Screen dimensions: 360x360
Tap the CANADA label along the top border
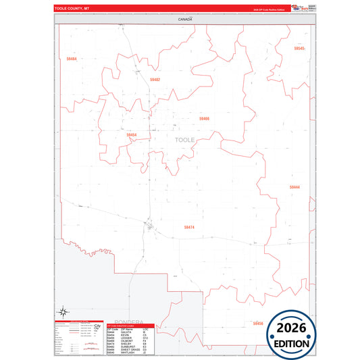pyautogui.click(x=185, y=20)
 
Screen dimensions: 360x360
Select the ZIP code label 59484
pyautogui.click(x=72, y=59)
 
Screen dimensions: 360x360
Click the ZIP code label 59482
pyautogui.click(x=155, y=80)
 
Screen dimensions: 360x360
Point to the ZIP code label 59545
pyautogui.click(x=299, y=49)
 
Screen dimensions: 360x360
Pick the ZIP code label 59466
pyautogui.click(x=204, y=118)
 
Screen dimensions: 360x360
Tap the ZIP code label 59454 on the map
pyautogui.click(x=131, y=135)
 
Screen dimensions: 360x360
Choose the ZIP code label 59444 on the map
pyautogui.click(x=294, y=187)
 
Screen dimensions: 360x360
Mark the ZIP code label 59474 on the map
pyautogui.click(x=189, y=228)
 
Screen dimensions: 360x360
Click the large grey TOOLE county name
pyautogui.click(x=184, y=140)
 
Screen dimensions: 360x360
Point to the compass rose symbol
pyautogui.click(x=63, y=312)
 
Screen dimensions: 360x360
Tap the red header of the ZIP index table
pyautogui.click(x=131, y=325)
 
